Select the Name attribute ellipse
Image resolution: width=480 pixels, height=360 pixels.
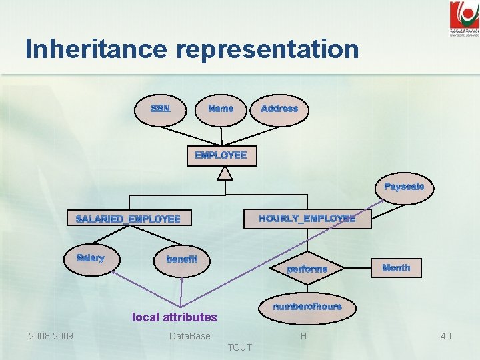click(x=221, y=109)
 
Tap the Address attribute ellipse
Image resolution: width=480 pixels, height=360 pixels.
click(x=279, y=109)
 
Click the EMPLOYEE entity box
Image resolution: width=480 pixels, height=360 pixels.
click(x=221, y=155)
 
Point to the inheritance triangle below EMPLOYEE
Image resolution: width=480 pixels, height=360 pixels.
click(x=226, y=173)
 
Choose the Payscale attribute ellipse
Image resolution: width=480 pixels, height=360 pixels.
click(x=404, y=187)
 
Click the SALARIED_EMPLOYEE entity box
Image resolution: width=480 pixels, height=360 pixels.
click(x=128, y=219)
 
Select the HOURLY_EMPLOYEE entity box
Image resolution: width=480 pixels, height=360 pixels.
click(x=307, y=218)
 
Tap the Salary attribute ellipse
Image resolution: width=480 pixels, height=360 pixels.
click(x=90, y=259)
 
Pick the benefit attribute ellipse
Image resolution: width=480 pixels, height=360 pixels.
click(x=182, y=259)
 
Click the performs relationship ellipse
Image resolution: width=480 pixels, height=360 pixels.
click(x=307, y=269)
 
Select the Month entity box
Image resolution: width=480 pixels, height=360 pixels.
click(x=396, y=268)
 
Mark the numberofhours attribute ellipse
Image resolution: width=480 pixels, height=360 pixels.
click(x=307, y=307)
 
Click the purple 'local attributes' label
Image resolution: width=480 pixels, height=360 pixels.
click(x=175, y=317)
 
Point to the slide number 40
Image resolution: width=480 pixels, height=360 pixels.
click(x=445, y=336)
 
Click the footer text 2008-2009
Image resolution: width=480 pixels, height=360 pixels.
click(x=51, y=336)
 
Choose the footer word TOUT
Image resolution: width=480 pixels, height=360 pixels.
click(x=240, y=347)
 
